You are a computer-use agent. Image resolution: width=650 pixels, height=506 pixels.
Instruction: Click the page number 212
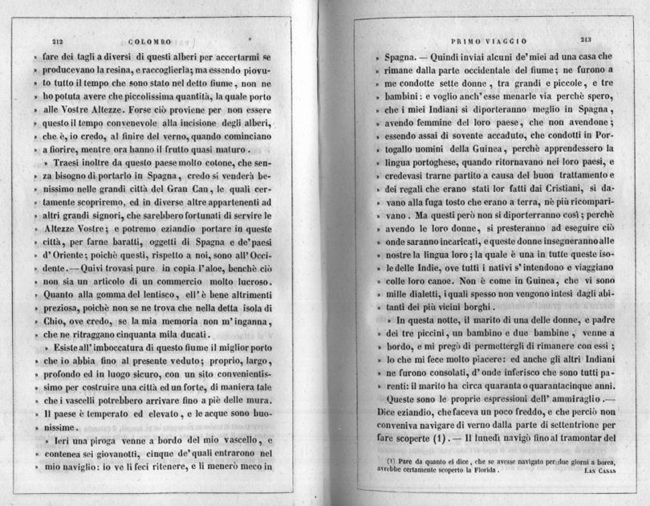coord(57,42)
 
